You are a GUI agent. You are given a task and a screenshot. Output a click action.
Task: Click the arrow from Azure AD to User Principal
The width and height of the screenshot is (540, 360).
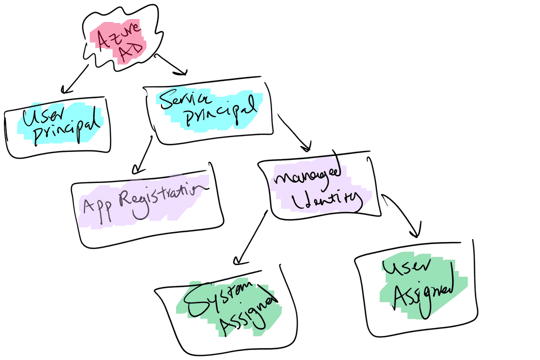(x=75, y=78)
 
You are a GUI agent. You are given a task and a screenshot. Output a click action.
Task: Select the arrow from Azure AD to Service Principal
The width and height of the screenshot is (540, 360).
(x=171, y=64)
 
